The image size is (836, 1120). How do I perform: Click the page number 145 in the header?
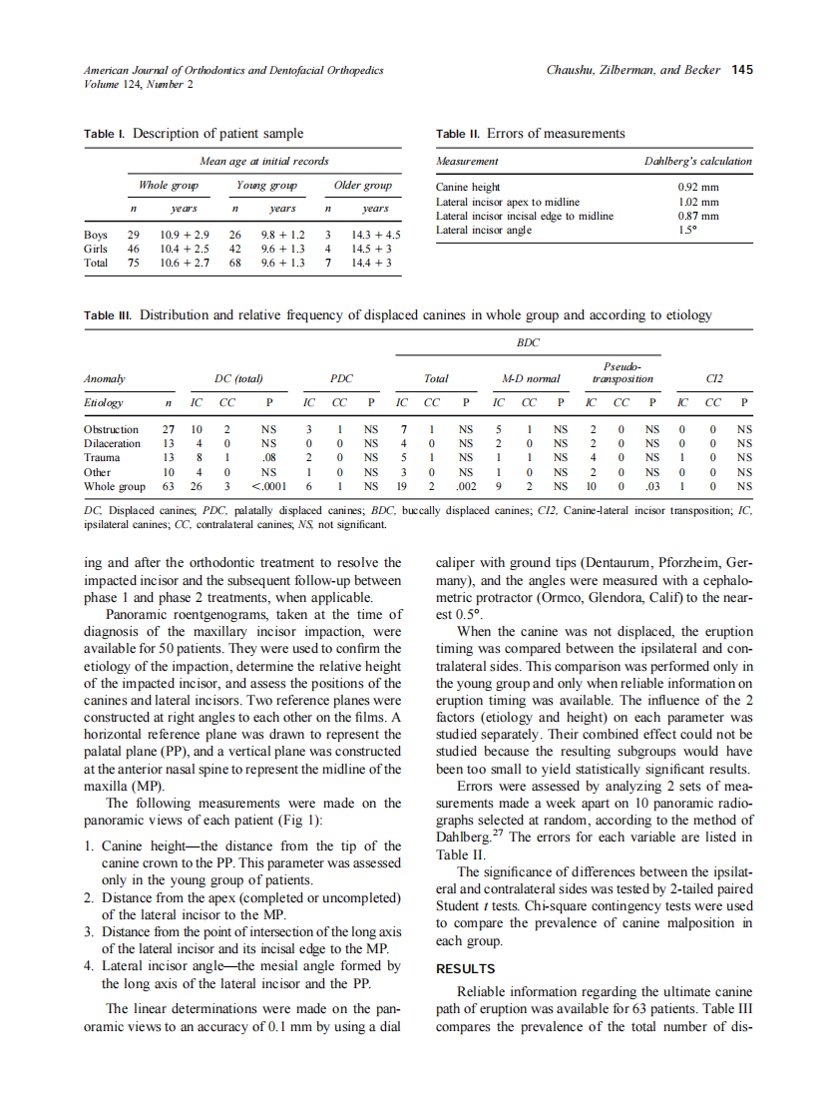coord(741,70)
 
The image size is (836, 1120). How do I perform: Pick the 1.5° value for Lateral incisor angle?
coord(688,231)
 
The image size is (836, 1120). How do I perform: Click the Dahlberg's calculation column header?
coord(698,161)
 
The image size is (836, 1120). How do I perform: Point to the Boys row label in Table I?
coord(96,236)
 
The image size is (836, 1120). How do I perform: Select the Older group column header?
coord(362,185)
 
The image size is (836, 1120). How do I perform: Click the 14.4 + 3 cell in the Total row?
coord(370,264)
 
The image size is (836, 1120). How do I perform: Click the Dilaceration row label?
coord(112,443)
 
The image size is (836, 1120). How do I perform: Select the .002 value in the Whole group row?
coord(465,486)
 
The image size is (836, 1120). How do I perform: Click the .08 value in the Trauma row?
coord(268,457)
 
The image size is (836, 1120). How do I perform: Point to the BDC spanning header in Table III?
coord(528,342)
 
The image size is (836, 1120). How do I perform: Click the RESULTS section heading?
coord(466,968)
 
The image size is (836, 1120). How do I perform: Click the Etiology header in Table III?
coord(104,402)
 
